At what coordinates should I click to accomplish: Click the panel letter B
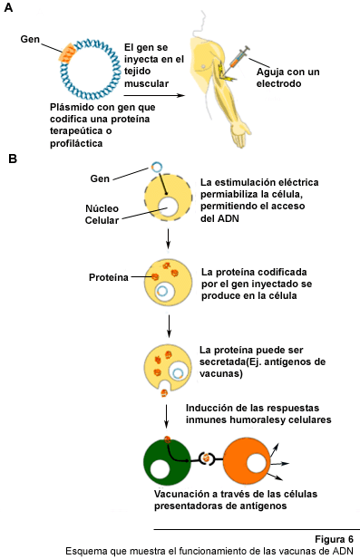pos(13,159)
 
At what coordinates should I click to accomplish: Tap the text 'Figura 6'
pos(335,539)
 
